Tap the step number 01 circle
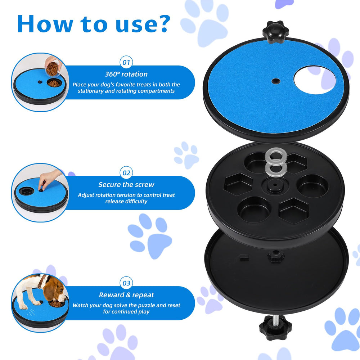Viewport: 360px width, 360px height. (x=126, y=62)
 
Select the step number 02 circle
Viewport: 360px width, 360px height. (x=126, y=173)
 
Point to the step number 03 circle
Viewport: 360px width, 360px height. (x=126, y=283)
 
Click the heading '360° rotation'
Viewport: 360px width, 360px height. (x=126, y=74)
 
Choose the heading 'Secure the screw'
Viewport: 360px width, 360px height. (x=126, y=185)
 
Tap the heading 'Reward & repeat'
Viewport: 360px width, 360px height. (x=126, y=295)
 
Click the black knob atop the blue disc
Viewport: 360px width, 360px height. (x=275, y=32)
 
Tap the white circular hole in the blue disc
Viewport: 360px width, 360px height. (x=315, y=80)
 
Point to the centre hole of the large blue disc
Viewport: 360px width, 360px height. (x=276, y=81)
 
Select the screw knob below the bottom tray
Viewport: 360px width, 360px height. (x=275, y=328)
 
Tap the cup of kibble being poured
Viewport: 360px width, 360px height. (x=52, y=68)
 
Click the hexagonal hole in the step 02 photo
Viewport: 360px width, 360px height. (x=26, y=190)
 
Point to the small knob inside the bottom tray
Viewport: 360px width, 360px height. (x=276, y=256)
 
